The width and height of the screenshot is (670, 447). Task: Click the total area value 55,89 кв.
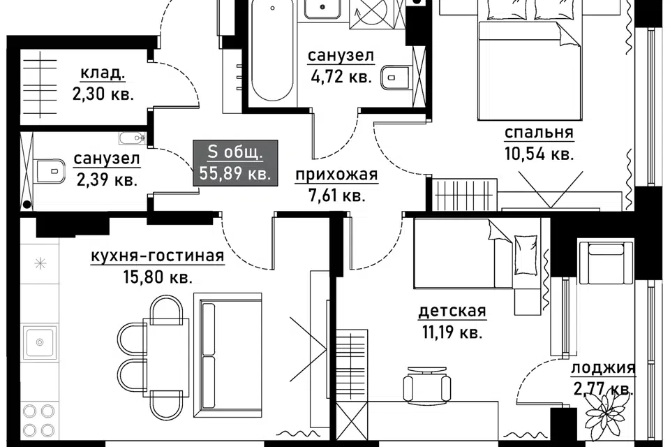click(x=235, y=174)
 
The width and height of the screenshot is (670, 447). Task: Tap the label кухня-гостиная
click(x=157, y=256)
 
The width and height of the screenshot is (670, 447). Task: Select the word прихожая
click(x=336, y=175)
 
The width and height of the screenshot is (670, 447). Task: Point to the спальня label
click(x=539, y=133)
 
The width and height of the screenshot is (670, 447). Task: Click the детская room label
click(x=452, y=311)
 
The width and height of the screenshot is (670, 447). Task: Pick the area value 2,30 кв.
click(x=103, y=94)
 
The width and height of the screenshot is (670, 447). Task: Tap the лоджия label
click(x=603, y=368)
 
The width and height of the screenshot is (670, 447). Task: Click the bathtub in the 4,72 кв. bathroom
click(x=272, y=50)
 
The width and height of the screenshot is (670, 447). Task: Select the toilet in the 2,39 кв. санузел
click(x=50, y=172)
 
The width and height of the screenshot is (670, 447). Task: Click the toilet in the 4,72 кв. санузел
click(x=396, y=78)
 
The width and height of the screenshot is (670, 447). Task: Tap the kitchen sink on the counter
click(x=40, y=342)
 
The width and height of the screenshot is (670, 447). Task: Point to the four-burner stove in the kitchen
click(x=38, y=420)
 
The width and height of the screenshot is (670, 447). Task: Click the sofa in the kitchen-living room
click(x=228, y=355)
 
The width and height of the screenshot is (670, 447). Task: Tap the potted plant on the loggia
click(x=606, y=409)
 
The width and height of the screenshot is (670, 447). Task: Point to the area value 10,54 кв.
click(x=539, y=153)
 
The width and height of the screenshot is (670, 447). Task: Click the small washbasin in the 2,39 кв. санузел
click(x=132, y=138)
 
